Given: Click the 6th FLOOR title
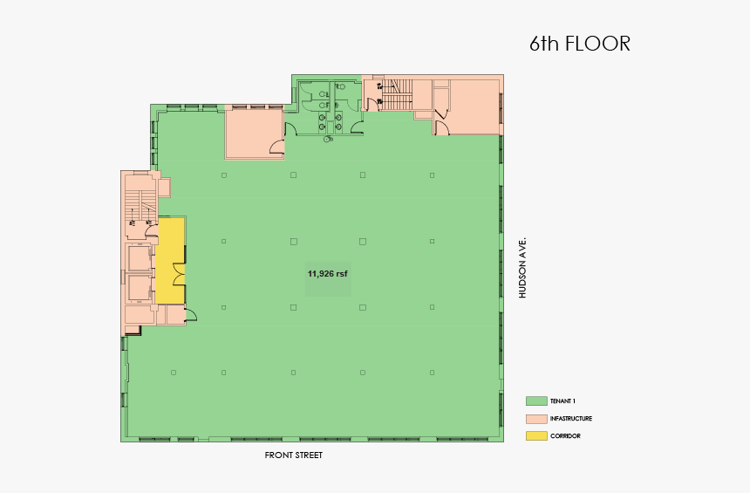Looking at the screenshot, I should coord(579,44).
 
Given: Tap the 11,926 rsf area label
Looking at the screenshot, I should coord(328,273).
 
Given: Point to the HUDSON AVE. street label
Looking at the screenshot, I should coord(523,267).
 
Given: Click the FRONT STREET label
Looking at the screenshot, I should coord(294,455).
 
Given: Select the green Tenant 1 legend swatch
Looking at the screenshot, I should coord(535,401).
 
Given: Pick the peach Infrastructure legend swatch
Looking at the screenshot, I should coord(535,419).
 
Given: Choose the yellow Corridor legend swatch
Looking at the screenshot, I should coord(535,435).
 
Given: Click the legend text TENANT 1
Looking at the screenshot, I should coord(562,401).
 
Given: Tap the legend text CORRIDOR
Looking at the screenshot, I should coord(565,435).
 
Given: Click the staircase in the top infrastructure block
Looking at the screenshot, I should coord(397,94).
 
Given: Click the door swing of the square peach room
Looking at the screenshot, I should coord(277,147).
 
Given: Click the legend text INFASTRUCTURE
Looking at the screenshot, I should coord(570,419).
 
